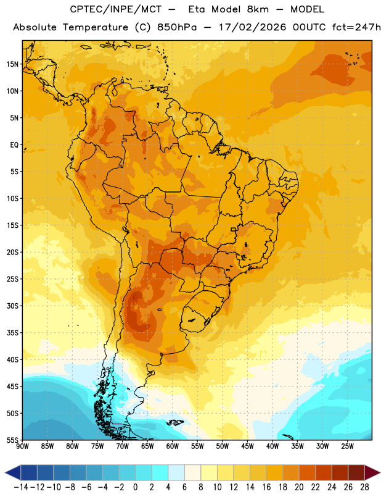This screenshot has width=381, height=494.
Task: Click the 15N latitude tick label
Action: pyautogui.click(x=12, y=64)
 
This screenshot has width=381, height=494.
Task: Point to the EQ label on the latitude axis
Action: pyautogui.click(x=14, y=145)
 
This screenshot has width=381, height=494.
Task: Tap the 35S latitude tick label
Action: pyautogui.click(x=12, y=333)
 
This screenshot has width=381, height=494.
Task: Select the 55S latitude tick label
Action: pyautogui.click(x=12, y=440)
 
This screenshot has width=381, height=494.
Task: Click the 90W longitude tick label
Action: pyautogui.click(x=22, y=446)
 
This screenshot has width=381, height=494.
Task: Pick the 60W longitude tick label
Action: pyautogui.click(x=173, y=446)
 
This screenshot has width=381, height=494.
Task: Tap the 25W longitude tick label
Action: pyautogui.click(x=347, y=446)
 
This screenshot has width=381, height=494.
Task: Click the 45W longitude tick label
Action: pyautogui.click(x=247, y=446)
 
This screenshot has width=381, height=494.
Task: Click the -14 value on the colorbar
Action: pyautogui.click(x=21, y=487)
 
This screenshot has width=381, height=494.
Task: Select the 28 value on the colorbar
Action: pyautogui.click(x=364, y=487)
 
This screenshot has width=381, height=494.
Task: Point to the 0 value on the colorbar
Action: pyautogui.click(x=135, y=487)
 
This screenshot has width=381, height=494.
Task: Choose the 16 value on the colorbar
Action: pyautogui.click(x=266, y=487)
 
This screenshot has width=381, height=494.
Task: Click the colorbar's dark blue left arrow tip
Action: pyautogui.click(x=5, y=472)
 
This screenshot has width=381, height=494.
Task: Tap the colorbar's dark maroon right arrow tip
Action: pyautogui.click(x=380, y=472)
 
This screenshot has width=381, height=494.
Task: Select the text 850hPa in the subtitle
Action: pyautogui.click(x=177, y=27)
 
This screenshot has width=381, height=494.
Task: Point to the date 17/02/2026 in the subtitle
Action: pyautogui.click(x=252, y=27)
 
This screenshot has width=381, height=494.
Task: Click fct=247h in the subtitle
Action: pyautogui.click(x=356, y=27)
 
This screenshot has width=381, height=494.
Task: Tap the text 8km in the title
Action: pyautogui.click(x=258, y=9)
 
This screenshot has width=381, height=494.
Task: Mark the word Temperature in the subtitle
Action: pyautogui.click(x=96, y=28)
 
